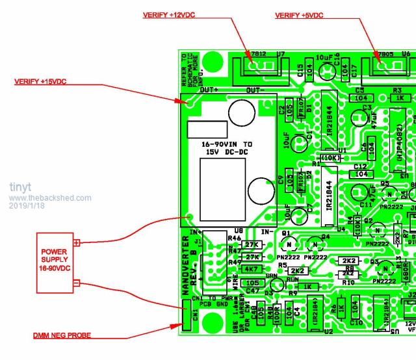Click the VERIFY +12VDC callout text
[172, 15]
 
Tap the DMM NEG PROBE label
[62, 335]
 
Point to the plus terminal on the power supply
[77, 242]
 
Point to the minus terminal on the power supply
[77, 283]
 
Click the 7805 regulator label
[385, 54]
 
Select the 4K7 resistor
[250, 269]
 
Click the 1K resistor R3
[400, 97]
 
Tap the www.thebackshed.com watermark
[50, 198]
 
